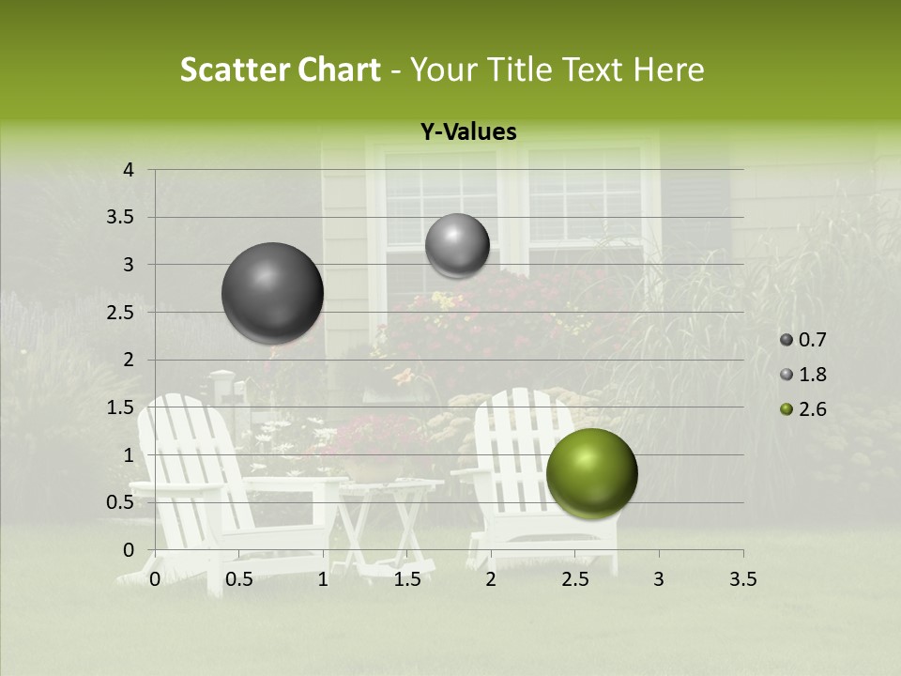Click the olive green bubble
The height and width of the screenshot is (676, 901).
click(591, 473)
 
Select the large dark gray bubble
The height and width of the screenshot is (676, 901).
click(272, 293)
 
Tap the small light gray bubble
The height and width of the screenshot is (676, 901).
click(457, 245)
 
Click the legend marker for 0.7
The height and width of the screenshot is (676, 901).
click(786, 340)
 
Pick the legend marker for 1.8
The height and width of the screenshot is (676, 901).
click(786, 375)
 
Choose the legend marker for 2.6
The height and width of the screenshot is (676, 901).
click(786, 409)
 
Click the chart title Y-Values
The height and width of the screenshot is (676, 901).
click(468, 132)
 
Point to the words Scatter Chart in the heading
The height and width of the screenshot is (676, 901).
click(280, 69)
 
